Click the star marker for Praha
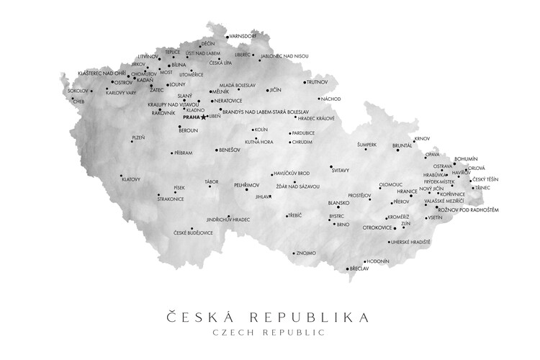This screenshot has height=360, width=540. pyautogui.click(x=204, y=117)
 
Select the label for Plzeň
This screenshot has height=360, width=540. pyautogui.click(x=138, y=137)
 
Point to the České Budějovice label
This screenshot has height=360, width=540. pyautogui.click(x=194, y=233)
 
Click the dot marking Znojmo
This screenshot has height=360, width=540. pyautogui.click(x=294, y=253)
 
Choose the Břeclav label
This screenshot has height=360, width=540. pyautogui.click(x=359, y=269)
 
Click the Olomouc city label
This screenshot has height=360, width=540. pyautogui.click(x=391, y=184)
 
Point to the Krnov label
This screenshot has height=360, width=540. pyautogui.click(x=422, y=138)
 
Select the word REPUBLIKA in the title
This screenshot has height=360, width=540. pyautogui.click(x=311, y=316)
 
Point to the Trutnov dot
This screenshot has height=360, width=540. pyautogui.click(x=304, y=82)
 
